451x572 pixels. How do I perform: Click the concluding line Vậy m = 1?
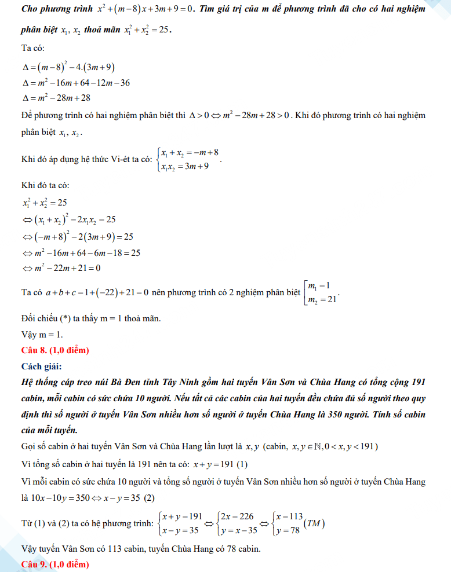(x=42, y=335)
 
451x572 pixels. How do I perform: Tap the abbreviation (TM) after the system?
(x=315, y=524)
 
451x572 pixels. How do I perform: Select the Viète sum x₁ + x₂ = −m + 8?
(x=190, y=153)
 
